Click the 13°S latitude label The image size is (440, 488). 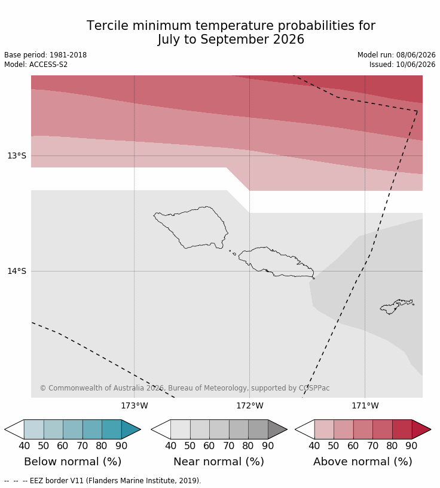[x=17, y=155]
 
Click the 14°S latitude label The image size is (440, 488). [x=17, y=271]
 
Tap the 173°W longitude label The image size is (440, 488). [x=135, y=405]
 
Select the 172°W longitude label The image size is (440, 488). [x=250, y=405]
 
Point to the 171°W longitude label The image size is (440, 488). [x=365, y=405]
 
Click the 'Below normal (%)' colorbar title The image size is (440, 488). [x=72, y=462]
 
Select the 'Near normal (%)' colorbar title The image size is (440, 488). [x=219, y=462]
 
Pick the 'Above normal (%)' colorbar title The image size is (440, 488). [x=363, y=462]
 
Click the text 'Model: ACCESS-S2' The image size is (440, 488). [x=36, y=65]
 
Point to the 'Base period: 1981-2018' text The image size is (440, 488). [x=45, y=55]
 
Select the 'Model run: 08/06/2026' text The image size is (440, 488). [x=396, y=55]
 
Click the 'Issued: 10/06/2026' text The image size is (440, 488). [x=402, y=65]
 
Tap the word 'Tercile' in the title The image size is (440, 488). [x=108, y=26]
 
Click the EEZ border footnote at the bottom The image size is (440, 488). [x=103, y=481]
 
